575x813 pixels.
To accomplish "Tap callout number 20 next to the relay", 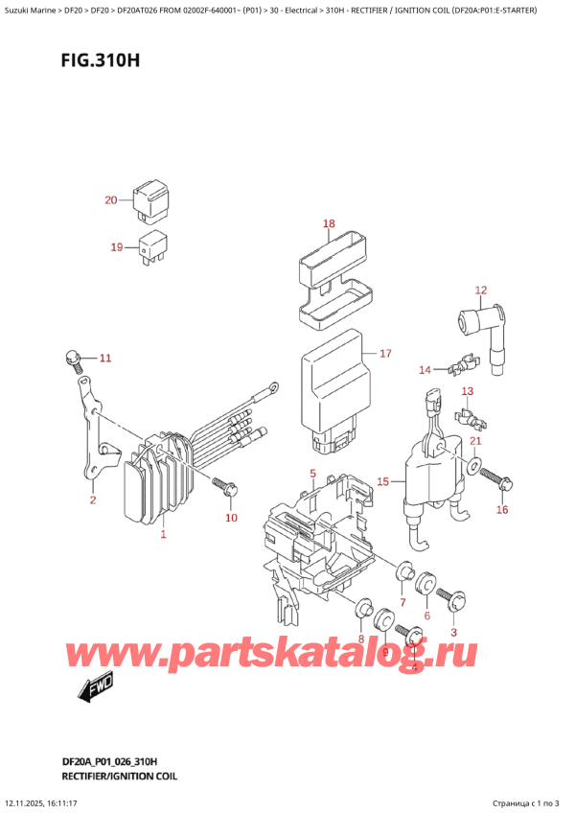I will click(111, 200).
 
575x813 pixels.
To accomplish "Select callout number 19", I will click(117, 247).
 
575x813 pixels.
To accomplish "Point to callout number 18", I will click(329, 224).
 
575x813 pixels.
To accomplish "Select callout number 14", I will click(425, 369).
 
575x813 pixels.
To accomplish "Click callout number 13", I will click(468, 391).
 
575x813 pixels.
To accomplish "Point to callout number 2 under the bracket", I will click(92, 499).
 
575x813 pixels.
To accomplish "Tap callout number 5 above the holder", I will click(312, 474).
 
